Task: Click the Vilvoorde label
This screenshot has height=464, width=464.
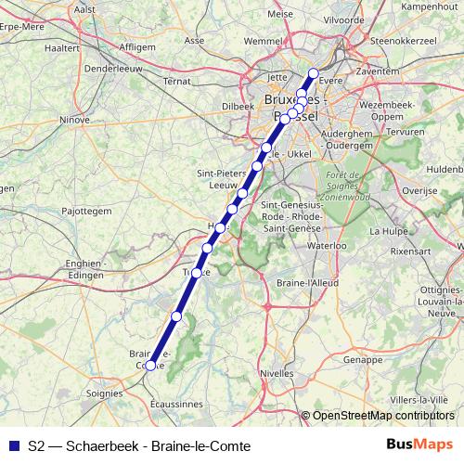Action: [x=343, y=18]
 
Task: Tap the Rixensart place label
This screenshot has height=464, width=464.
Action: [x=412, y=251]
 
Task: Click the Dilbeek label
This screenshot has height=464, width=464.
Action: [x=238, y=106]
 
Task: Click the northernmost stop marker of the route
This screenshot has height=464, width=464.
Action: [x=313, y=73]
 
